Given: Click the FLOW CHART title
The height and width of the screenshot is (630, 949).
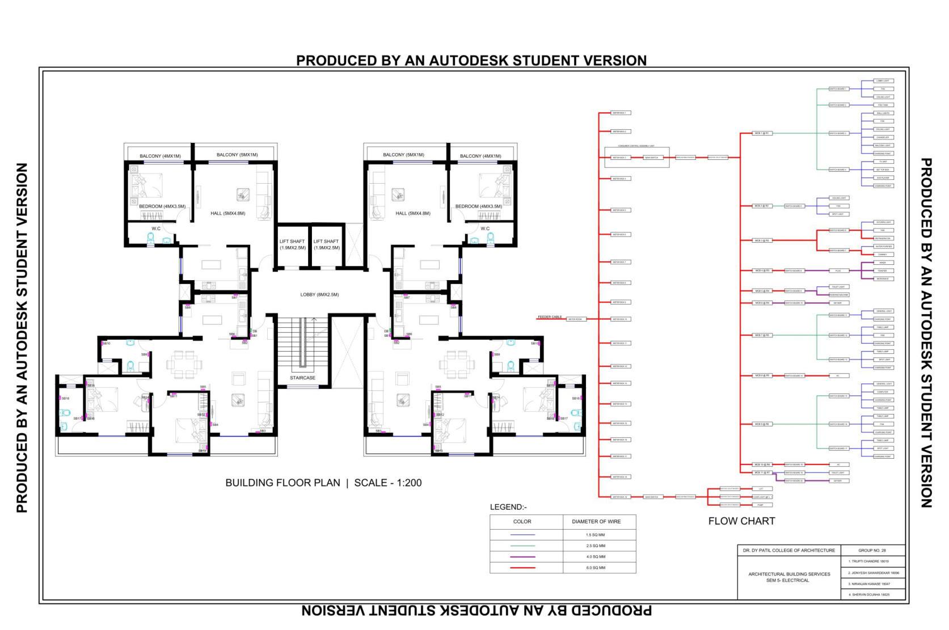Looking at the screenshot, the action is [x=741, y=521].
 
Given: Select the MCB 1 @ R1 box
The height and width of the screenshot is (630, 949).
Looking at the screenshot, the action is [x=762, y=133].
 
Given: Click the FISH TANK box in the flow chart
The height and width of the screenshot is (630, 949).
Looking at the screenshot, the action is [x=883, y=105].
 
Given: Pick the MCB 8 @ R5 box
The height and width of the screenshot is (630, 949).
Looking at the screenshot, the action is [x=762, y=375].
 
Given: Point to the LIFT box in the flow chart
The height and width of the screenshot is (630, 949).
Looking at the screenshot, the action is [x=761, y=488].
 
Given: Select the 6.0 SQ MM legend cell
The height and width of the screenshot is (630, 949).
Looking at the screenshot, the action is [x=596, y=568].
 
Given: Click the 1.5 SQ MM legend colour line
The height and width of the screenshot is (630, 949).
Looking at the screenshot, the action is [x=522, y=535].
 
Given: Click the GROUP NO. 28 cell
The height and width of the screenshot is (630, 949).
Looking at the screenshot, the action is [x=872, y=551].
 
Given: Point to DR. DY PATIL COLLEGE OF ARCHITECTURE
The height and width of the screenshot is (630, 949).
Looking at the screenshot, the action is [x=789, y=551].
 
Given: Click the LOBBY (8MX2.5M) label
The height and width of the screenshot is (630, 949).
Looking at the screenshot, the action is [x=319, y=295].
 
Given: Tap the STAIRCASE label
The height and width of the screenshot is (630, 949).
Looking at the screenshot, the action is [x=302, y=378].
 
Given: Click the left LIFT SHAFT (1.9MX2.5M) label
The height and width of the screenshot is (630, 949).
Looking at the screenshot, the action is [x=292, y=244].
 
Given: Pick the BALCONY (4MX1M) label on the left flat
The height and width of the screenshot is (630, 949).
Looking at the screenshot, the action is [x=160, y=156].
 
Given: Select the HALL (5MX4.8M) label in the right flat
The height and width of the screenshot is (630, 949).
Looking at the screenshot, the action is [x=413, y=213].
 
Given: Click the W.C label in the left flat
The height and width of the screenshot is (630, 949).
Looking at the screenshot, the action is [x=156, y=229].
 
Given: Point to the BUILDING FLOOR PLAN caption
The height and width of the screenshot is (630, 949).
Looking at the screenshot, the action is [x=282, y=483].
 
